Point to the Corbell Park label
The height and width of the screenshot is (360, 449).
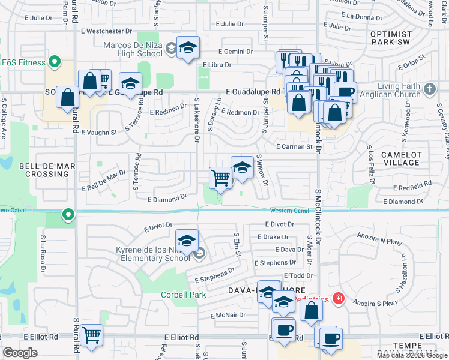[183, 295]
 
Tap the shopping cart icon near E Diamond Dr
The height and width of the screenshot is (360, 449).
[221, 178]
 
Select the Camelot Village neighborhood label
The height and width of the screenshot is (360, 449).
[400, 158]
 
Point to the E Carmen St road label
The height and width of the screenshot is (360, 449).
[295, 146]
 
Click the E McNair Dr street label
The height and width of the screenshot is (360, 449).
[229, 315]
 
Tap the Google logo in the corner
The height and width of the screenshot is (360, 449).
[20, 353]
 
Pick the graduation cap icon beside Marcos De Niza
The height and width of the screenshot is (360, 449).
[188, 49]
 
